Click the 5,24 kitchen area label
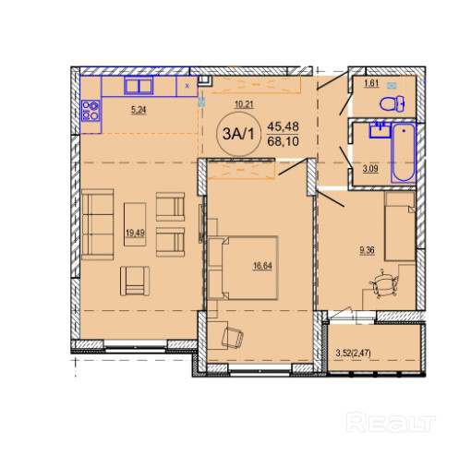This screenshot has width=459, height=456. pos(139,110)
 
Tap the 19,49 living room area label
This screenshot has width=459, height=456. pos(135,233)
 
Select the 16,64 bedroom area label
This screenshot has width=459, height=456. pos(262,265)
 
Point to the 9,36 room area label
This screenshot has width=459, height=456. pos(367,250)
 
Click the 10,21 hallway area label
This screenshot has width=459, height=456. pos(244,104)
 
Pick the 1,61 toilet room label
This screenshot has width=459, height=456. pos(371,83)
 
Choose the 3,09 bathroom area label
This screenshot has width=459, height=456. pos(370,169)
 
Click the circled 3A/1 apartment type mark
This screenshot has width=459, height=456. pos(238,134)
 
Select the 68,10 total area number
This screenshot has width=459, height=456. pos(283,141)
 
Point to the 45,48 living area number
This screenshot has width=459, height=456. pos(283,126)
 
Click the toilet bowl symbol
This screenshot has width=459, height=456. pos(393,103)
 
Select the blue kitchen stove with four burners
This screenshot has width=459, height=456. pos(91,111)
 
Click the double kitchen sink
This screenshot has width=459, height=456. pos(139,85)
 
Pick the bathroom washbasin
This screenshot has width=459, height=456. pos(380,130)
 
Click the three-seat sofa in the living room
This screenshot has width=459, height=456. pos(98,224)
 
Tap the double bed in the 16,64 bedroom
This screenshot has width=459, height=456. pos(243,268)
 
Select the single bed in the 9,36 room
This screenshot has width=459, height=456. pos(399,226)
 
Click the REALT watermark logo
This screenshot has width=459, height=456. pos(391,423)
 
